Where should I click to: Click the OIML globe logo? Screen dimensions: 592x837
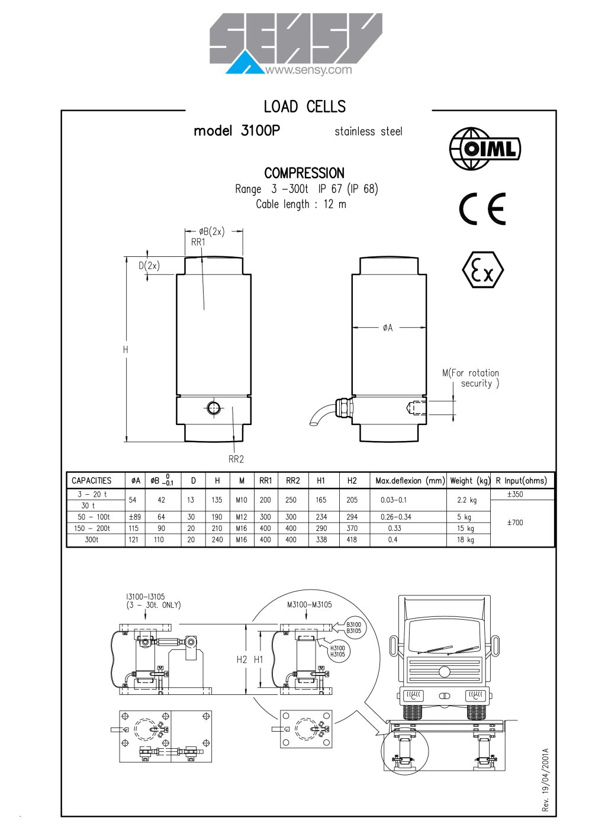tap(485, 149)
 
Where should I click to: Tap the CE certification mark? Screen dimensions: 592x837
tap(482, 209)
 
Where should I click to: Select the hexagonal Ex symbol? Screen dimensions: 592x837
tap(483, 270)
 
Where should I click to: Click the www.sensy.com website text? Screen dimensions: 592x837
tap(308, 70)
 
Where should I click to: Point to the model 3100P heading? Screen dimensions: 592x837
tap(237, 131)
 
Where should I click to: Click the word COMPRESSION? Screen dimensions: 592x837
tap(304, 173)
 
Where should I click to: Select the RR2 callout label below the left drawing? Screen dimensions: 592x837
tap(236, 459)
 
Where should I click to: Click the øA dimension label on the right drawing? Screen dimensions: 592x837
tap(388, 328)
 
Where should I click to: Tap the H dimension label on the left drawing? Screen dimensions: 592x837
tap(126, 349)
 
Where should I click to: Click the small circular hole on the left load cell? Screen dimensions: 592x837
tap(213, 408)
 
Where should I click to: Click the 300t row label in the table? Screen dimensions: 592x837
tap(92, 540)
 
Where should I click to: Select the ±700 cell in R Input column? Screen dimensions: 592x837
tap(515, 522)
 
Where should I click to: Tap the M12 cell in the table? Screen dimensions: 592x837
tap(242, 517)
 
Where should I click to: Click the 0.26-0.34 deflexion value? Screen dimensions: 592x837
tap(396, 517)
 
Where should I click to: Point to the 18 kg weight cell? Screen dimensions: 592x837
tap(465, 540)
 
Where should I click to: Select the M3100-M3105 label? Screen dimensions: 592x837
tap(310, 604)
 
